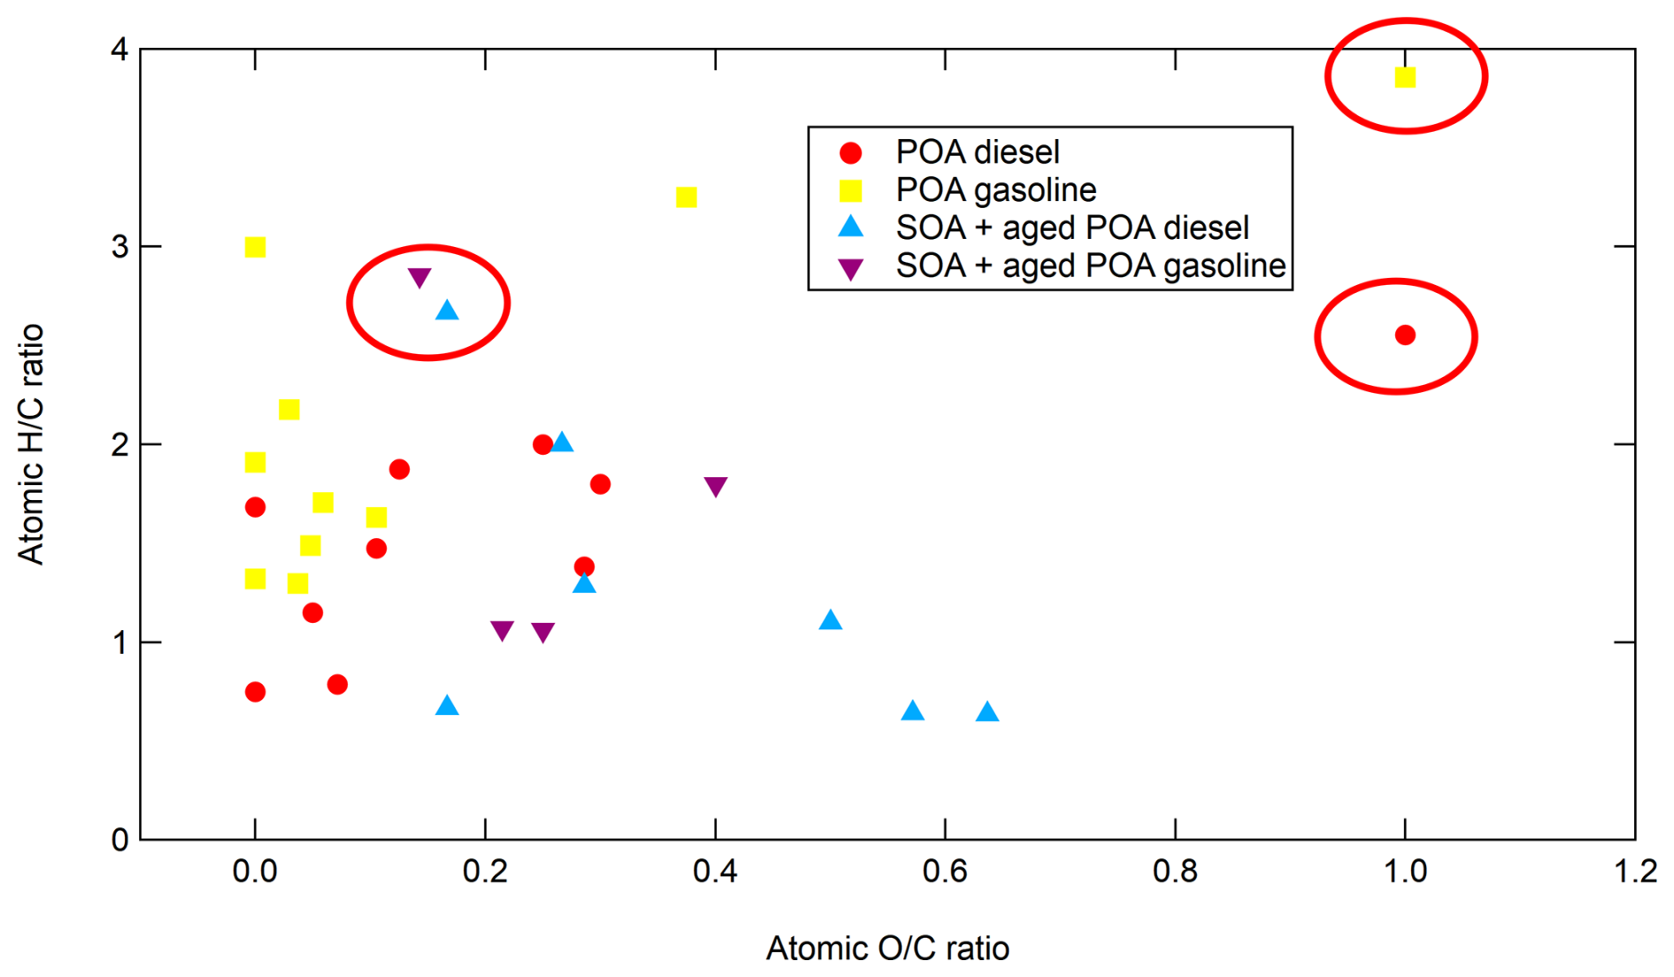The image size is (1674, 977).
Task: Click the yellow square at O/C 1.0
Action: click(1404, 78)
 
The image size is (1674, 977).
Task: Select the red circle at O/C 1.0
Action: click(1404, 335)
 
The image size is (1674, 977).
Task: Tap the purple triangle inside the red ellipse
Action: click(419, 277)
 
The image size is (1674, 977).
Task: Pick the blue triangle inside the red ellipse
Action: click(447, 311)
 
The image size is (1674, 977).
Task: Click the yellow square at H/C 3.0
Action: click(255, 247)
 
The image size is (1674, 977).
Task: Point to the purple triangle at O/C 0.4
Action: click(715, 486)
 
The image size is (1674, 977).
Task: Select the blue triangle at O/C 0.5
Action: click(830, 620)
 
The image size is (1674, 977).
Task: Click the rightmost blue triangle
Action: click(987, 712)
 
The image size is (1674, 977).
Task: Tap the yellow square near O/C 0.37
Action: click(686, 196)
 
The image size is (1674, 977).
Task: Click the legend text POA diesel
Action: click(977, 152)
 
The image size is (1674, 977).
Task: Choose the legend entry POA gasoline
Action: click(995, 189)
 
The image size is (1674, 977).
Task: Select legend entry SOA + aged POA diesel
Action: click(1071, 227)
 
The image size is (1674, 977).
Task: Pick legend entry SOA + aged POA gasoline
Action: click(1090, 265)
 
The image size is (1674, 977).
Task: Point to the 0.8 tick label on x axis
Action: click(1174, 872)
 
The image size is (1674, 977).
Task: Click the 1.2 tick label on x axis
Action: click(1634, 872)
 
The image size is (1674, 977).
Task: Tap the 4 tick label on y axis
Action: click(119, 50)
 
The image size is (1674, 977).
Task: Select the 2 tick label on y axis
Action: click(119, 444)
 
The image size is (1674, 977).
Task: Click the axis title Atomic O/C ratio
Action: click(887, 948)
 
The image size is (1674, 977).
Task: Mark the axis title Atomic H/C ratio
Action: click(31, 443)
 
